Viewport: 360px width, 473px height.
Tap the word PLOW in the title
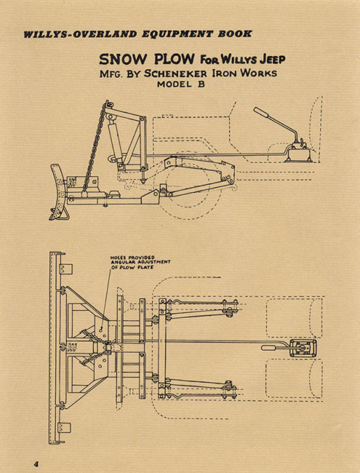click(x=174, y=59)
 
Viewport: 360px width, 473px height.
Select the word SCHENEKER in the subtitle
click(x=175, y=73)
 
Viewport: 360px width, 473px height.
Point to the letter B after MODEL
click(x=201, y=84)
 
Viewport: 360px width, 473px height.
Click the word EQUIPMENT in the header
click(x=177, y=33)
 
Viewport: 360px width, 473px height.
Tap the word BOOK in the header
click(x=235, y=33)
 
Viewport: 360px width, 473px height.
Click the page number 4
click(x=37, y=464)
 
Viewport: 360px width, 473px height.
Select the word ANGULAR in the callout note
click(x=121, y=262)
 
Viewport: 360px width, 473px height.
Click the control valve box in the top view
click(x=303, y=349)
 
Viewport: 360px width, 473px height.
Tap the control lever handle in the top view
click(x=269, y=348)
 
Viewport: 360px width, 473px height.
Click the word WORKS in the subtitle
click(x=259, y=73)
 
